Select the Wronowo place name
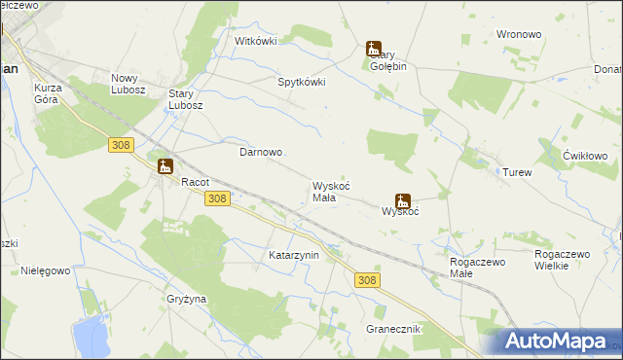(x=518, y=34)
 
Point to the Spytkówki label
(x=302, y=82)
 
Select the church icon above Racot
(x=165, y=165)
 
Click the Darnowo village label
(x=261, y=153)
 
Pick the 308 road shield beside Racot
(x=217, y=198)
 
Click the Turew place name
(x=517, y=172)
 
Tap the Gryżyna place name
(x=186, y=299)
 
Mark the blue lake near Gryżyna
(x=91, y=338)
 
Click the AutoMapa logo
(x=556, y=341)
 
